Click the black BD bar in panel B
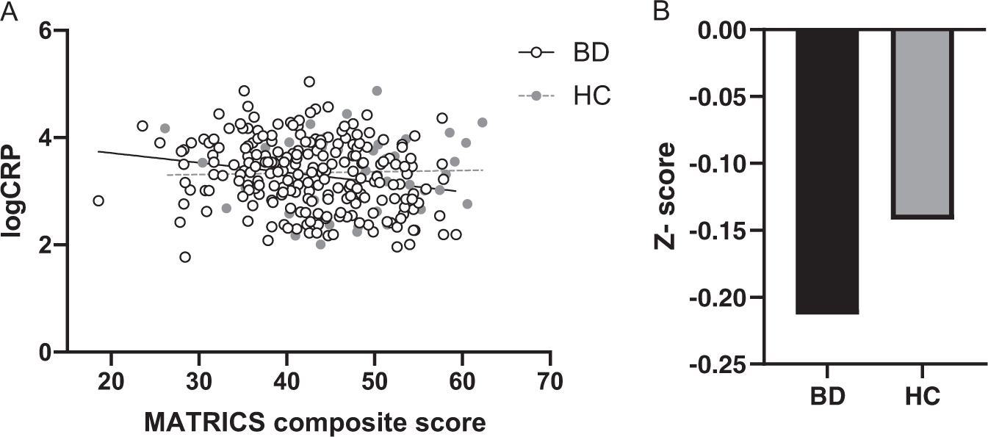coord(826,172)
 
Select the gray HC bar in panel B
coord(923,123)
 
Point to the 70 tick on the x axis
coord(549,383)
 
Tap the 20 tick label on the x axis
coord(112,383)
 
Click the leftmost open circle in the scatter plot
coord(98,201)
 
